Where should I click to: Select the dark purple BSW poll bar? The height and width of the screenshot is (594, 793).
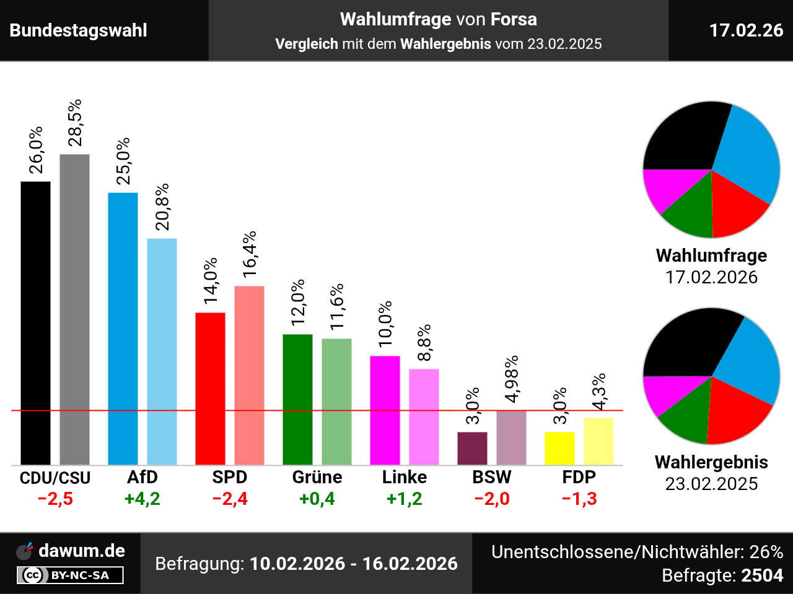(472, 448)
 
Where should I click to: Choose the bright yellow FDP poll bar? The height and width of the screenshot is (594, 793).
(559, 448)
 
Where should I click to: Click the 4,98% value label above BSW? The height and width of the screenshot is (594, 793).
(512, 379)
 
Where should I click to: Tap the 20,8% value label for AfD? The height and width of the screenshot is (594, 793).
(162, 207)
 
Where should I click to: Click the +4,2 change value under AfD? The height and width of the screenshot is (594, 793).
(142, 499)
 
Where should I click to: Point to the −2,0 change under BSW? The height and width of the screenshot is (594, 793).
(492, 499)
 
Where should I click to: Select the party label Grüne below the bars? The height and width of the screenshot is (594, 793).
(317, 477)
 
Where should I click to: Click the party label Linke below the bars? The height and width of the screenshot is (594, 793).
(405, 477)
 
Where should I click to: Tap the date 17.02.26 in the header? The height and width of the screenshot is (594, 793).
(746, 30)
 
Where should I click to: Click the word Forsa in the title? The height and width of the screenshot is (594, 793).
(514, 19)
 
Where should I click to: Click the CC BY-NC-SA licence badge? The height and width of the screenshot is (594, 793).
(70, 575)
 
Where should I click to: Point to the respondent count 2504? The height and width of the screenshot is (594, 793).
(763, 575)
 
